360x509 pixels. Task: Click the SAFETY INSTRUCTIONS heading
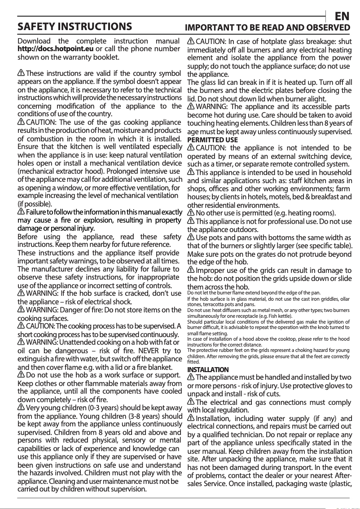(75, 27)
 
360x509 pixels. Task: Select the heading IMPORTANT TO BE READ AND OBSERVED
(268, 28)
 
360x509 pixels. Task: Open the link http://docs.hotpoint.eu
(55, 49)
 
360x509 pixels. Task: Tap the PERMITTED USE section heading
(212, 140)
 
